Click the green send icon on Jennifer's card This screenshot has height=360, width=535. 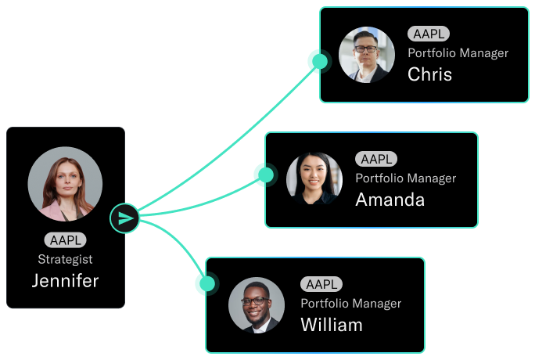124,218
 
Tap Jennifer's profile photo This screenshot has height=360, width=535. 65,184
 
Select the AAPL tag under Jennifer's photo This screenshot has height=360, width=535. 65,240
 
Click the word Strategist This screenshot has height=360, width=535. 65,259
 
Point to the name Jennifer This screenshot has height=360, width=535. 65,281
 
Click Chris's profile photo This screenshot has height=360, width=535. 367,55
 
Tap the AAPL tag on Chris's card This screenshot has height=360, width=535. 429,34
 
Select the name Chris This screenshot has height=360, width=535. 430,74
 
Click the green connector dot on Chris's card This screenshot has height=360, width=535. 320,61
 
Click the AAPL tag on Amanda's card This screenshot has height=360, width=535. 376,159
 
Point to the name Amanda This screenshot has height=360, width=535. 390,200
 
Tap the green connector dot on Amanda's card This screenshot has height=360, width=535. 266,175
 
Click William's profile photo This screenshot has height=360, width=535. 257,305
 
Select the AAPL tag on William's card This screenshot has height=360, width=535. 321,284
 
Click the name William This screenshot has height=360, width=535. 332,325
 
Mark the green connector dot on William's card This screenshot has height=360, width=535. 207,283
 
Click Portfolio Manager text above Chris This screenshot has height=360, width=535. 458,53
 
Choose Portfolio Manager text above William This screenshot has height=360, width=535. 351,304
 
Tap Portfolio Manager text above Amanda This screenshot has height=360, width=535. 406,178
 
